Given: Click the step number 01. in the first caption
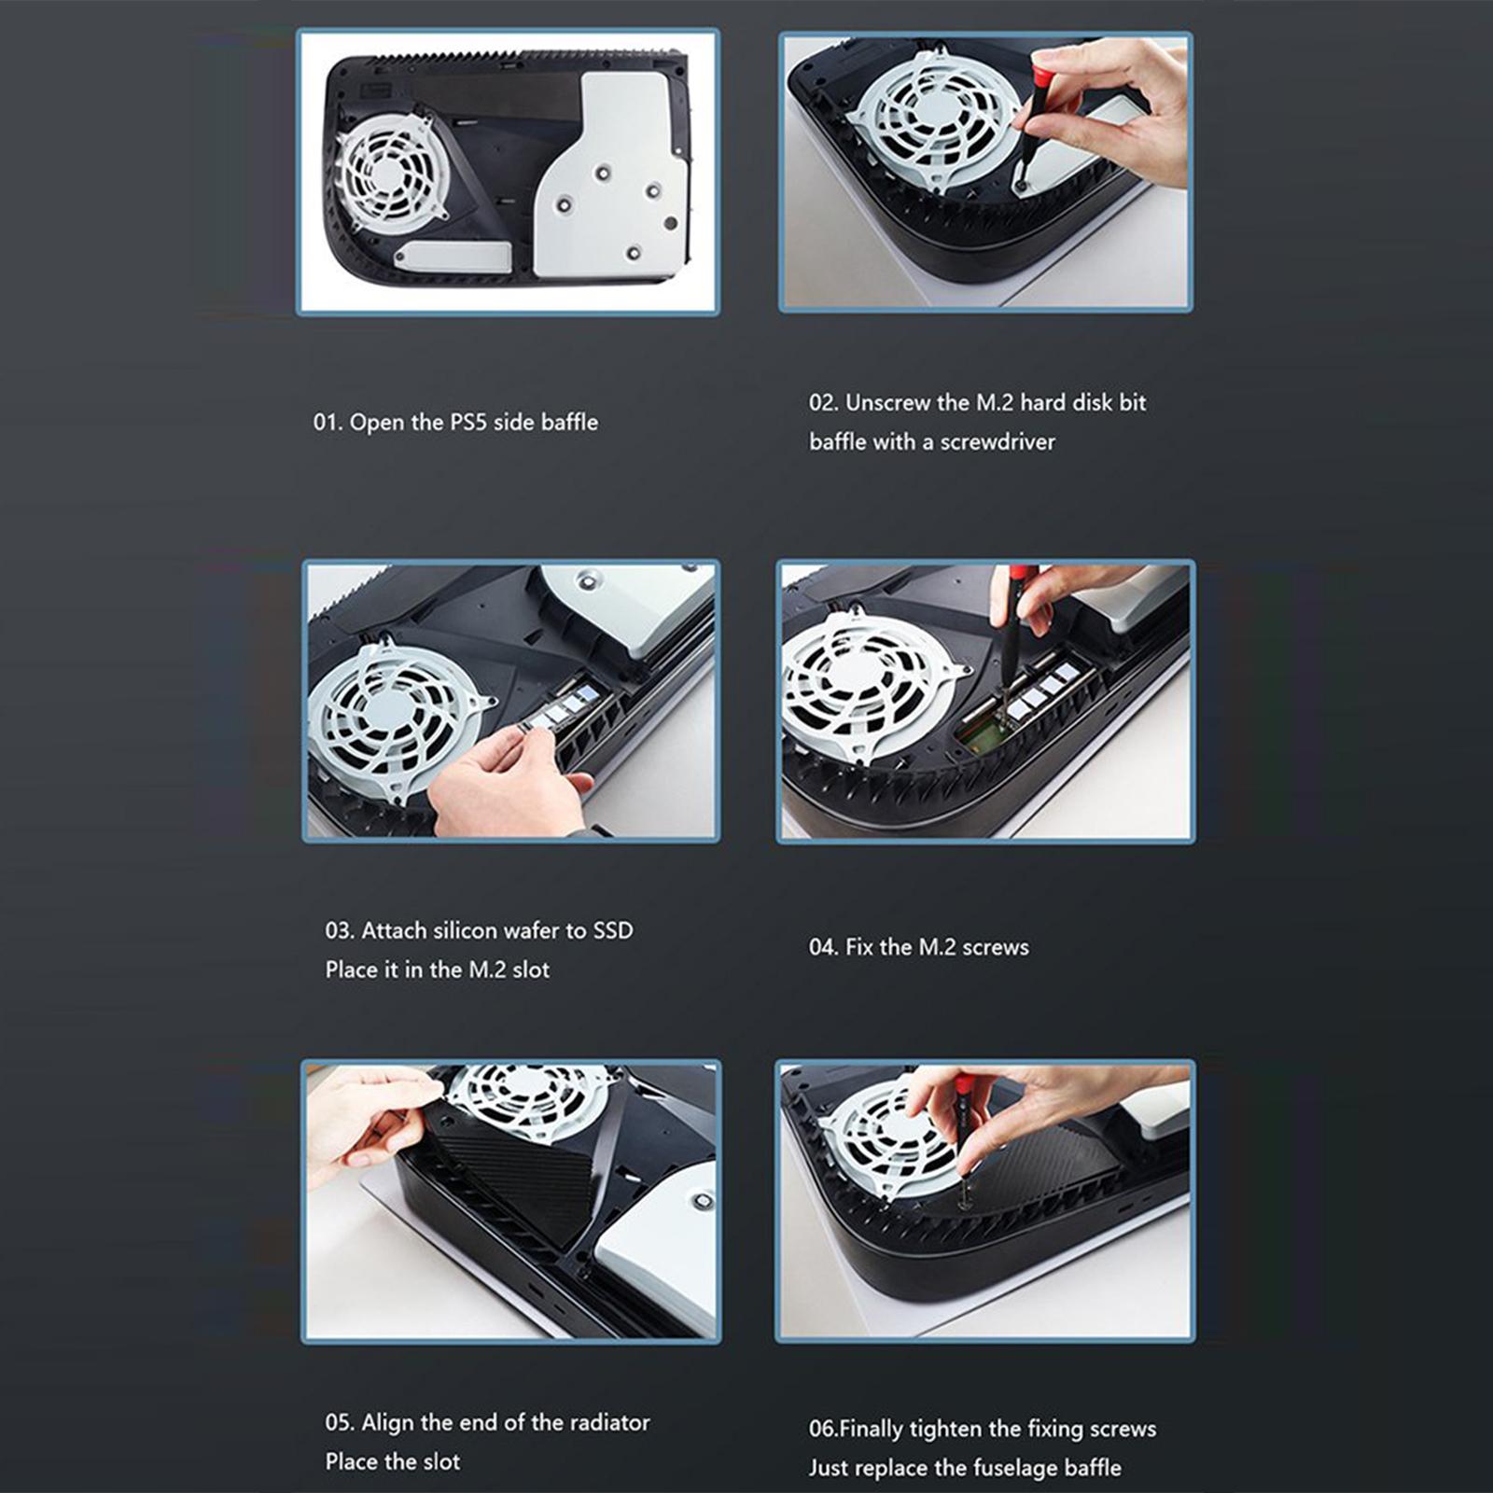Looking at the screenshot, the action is pyautogui.click(x=328, y=423).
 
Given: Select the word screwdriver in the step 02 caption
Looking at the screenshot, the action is pyautogui.click(x=998, y=442).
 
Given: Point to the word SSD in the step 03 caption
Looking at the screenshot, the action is pyautogui.click(x=613, y=930).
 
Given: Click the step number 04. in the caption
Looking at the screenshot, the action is pyautogui.click(x=823, y=947).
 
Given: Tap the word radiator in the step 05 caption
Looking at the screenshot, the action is pyautogui.click(x=609, y=1422).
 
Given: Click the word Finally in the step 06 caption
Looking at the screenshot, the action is pyautogui.click(x=872, y=1429).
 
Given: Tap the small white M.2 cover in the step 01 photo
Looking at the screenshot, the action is pyautogui.click(x=452, y=256).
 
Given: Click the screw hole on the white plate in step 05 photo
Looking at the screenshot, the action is pyautogui.click(x=703, y=1202).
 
